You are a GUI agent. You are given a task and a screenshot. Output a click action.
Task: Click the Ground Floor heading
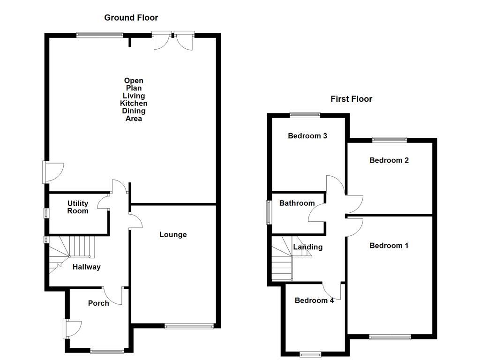(x=131, y=18)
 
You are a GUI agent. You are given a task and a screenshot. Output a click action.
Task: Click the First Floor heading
(x=351, y=99)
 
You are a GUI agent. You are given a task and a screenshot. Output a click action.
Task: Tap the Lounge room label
(x=172, y=234)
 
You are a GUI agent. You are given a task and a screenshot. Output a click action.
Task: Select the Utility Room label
(x=78, y=207)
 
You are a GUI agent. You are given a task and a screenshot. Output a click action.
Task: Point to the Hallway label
(x=86, y=267)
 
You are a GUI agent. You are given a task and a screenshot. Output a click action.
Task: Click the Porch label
(x=98, y=303)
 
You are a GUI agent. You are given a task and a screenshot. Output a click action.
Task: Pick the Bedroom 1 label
(x=389, y=246)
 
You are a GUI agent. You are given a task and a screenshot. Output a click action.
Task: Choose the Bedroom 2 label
(x=389, y=160)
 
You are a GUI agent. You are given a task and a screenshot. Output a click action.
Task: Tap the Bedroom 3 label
(x=307, y=136)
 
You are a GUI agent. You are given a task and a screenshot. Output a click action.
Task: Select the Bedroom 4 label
(x=314, y=300)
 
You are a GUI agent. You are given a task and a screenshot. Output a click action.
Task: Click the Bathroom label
(x=297, y=203)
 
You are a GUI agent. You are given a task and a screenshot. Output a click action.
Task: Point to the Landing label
(x=307, y=247)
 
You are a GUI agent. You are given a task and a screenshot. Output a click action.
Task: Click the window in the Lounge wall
(x=189, y=326)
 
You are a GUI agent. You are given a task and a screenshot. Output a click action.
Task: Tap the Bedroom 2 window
(x=390, y=139)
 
